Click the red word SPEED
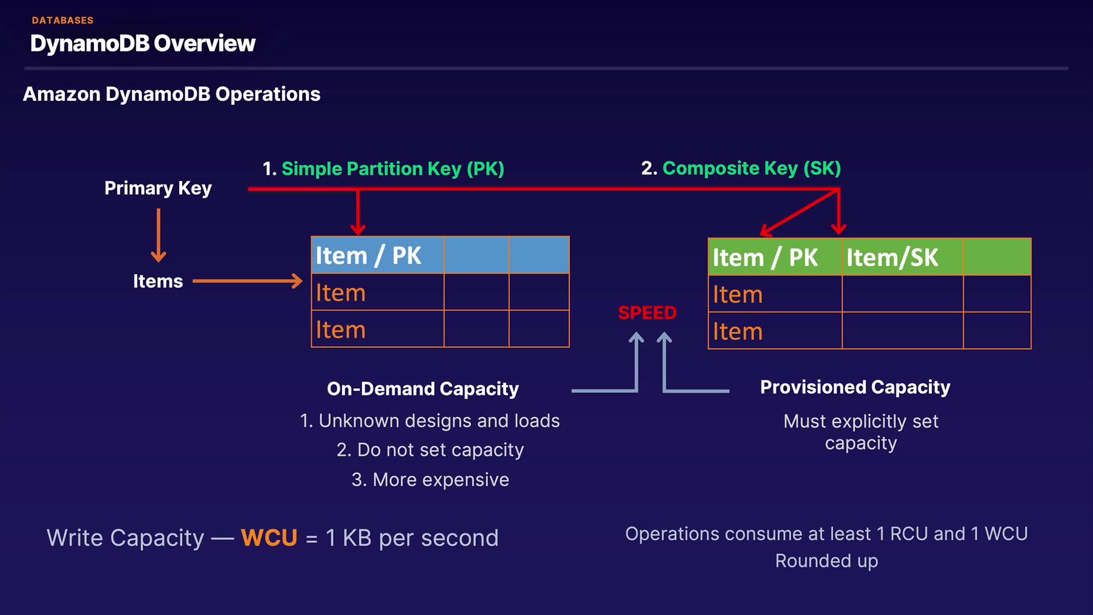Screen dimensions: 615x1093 pos(647,313)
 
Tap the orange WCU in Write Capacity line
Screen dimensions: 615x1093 pos(269,538)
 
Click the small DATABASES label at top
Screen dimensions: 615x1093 pos(63,20)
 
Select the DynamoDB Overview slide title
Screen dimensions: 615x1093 pos(143,43)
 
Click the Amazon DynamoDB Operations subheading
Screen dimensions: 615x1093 pos(172,94)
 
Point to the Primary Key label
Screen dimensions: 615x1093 pos(158,188)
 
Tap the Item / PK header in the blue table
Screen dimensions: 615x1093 pos(368,255)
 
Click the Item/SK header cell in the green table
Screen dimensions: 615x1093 pos(892,258)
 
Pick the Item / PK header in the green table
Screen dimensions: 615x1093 pos(765,258)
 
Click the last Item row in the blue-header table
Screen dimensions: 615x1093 pos(341,330)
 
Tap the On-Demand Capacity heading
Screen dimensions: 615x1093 pos(423,389)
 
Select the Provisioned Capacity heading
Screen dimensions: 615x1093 pos(855,387)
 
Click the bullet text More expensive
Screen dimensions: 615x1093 pos(431,480)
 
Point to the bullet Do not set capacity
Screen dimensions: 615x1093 pos(431,450)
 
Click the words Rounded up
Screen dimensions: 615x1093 pos(826,561)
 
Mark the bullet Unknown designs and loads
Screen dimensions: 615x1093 pos(431,421)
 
